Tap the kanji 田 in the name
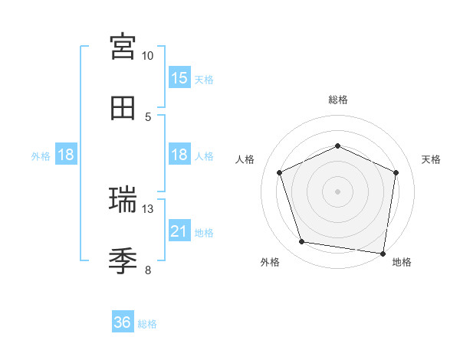coord(123,108)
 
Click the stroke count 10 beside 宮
coord(148,57)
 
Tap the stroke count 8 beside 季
coord(148,270)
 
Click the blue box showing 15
coord(179,78)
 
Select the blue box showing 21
coord(179,231)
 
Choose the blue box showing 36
coord(123,322)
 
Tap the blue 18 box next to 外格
coord(66,155)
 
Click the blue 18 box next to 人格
coord(179,155)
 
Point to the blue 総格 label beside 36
coord(147,324)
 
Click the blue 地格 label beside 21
coord(204,232)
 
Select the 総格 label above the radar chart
coord(337,100)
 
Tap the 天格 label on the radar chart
coord(431,159)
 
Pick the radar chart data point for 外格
coord(302,242)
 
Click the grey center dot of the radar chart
coord(337,191)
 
